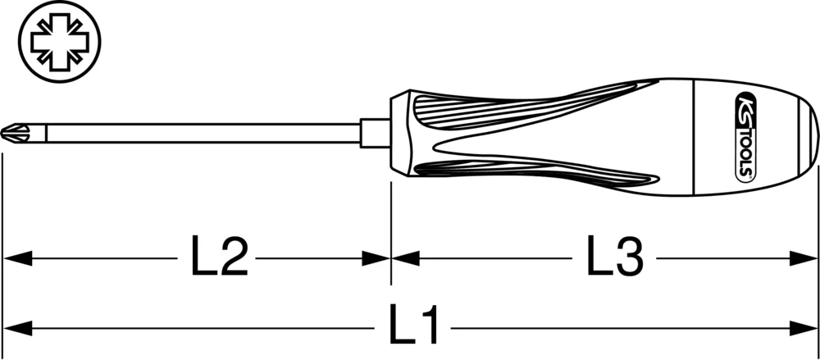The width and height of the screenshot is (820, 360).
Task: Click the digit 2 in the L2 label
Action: tap(234, 257)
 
